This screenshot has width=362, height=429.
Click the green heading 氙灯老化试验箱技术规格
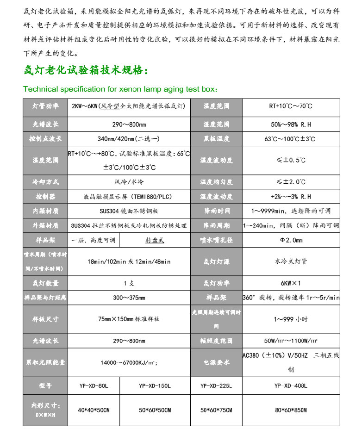coord(86,71)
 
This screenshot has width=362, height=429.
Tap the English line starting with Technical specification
coord(120,89)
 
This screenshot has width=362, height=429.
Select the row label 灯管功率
coord(45,106)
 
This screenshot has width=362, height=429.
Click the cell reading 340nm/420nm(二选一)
coord(129,138)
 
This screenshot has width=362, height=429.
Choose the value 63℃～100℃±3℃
coord(290,138)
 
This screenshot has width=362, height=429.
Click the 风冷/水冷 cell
coord(129,182)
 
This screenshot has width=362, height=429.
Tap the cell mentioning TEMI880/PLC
coord(129,197)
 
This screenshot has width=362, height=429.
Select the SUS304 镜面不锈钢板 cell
coord(129,211)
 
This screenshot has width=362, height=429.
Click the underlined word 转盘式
coord(155,240)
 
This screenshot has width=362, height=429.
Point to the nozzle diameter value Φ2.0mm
coord(290,240)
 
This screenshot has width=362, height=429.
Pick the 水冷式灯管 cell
coord(290,261)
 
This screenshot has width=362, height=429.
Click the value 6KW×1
coord(290,283)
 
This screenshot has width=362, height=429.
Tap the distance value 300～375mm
coord(129,297)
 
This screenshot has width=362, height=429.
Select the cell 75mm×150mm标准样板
coord(129,319)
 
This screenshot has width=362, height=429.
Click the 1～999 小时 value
coord(290,319)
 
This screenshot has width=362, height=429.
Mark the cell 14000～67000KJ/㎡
coord(129,362)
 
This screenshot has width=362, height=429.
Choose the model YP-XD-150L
coord(155,385)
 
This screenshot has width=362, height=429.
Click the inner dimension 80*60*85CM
coord(290,410)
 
